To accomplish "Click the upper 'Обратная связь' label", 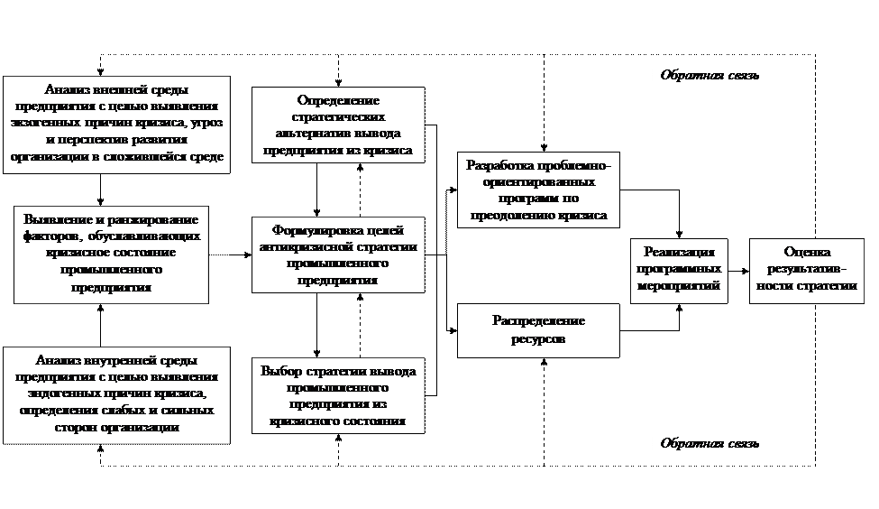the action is pos(710,76).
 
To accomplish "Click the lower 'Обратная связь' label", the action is pos(710,444).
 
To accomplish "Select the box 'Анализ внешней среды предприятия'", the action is pos(115,123).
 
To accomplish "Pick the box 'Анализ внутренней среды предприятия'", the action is pos(115,393).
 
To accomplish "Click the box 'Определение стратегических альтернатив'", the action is pos(337,125).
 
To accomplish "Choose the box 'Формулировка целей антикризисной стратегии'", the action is pos(337,254).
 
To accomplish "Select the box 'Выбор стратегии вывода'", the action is pos(337,395).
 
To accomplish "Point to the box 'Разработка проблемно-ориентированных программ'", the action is pos(538,190).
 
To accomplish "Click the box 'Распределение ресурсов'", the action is pos(538,330).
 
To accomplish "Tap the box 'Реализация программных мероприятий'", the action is pos(679,269).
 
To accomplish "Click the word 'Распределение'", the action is pos(538,321).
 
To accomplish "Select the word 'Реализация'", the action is pos(679,252).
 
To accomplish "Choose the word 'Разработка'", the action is pos(501,165).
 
